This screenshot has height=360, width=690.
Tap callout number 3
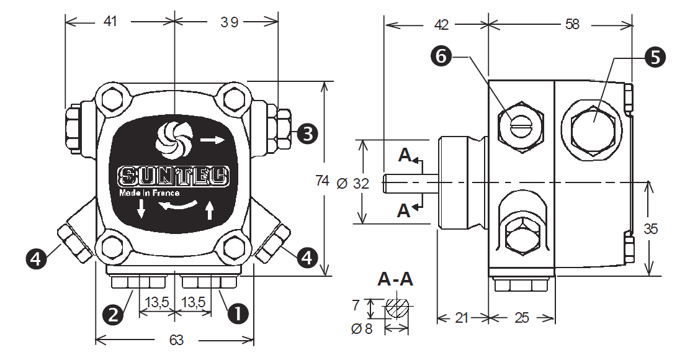pos(307,132)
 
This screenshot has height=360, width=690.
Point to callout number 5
pos(654,57)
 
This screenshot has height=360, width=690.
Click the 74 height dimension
pos(322,181)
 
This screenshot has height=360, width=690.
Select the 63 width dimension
pos(176,340)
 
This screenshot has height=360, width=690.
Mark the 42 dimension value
pos(441,24)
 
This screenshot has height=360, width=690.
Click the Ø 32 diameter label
pos(352,184)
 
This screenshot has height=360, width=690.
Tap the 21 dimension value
pos(461,318)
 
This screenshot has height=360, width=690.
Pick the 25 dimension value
pos(522,318)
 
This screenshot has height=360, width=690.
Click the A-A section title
pos(395,279)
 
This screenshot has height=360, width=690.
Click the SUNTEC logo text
pos(174,177)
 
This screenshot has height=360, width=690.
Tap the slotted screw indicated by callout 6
pos(520,124)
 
